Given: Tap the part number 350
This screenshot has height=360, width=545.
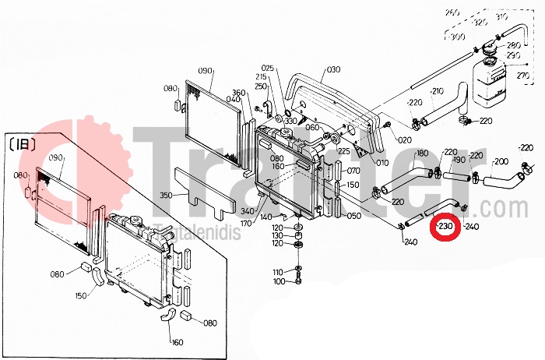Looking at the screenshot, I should (165, 195).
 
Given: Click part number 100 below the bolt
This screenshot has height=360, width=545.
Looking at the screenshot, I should (279, 281).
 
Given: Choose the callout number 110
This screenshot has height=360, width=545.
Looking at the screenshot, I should (279, 271).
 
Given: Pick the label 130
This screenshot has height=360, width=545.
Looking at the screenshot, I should (279, 235).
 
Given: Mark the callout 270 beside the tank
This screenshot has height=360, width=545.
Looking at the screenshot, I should (522, 76).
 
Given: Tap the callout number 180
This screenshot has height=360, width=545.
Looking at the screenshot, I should (422, 153).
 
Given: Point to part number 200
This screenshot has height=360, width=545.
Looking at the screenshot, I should (500, 161).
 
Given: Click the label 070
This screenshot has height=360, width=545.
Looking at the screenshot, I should (354, 171).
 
